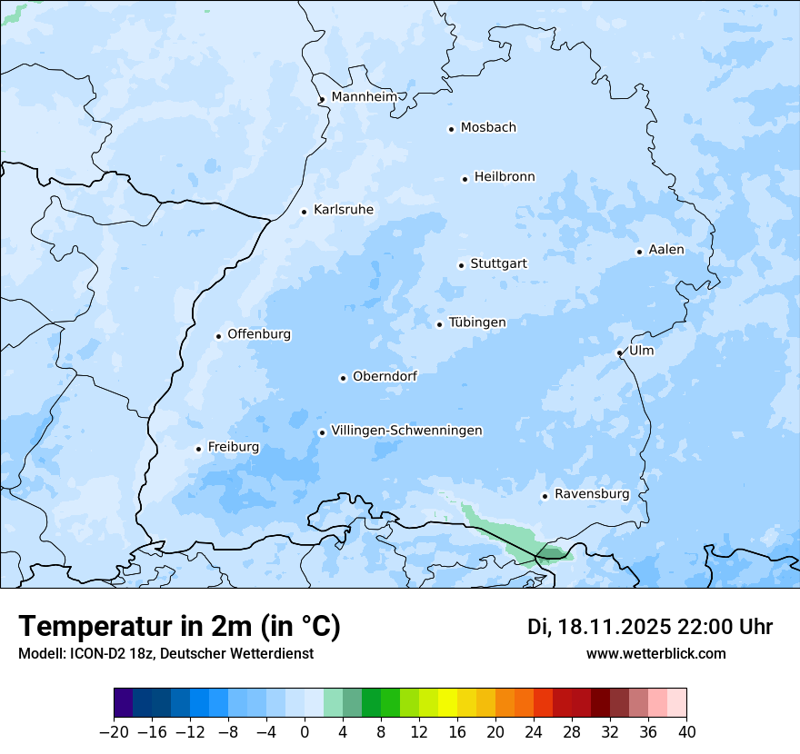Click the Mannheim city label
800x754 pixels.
[364, 97]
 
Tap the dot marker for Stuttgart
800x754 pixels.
[461, 265]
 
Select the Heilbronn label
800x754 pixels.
[505, 177]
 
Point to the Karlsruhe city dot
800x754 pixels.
[305, 212]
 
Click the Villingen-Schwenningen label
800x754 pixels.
[406, 431]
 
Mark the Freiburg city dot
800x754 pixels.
[198, 449]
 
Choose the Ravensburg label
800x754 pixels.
[592, 494]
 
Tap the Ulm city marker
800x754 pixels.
[619, 352]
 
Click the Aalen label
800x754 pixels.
[666, 250]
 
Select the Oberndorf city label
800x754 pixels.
[385, 376]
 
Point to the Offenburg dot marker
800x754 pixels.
[218, 336]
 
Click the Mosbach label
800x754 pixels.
[488, 128]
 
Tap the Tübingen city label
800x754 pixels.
[477, 322]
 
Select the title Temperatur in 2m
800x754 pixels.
[180, 627]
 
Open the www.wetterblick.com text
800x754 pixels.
[655, 654]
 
